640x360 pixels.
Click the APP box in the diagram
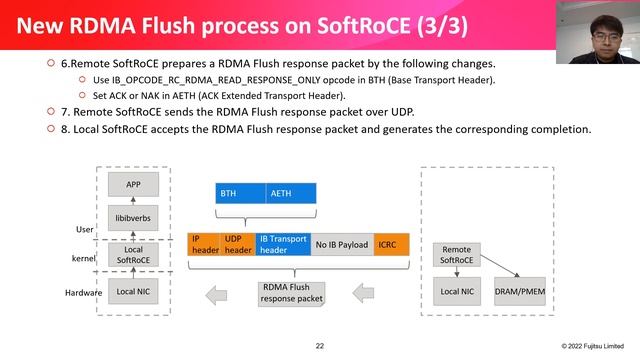click(133, 185)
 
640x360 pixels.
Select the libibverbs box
click(133, 217)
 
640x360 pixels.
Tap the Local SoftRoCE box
click(133, 255)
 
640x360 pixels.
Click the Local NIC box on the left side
click(133, 292)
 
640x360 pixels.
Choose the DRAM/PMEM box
click(520, 292)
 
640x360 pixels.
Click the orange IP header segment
click(204, 244)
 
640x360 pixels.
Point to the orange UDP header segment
click(238, 244)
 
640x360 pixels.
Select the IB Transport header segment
click(283, 244)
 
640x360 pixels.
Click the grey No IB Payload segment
click(342, 244)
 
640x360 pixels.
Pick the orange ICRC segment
click(392, 244)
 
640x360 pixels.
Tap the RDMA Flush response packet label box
click(293, 293)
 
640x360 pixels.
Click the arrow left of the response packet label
click(225, 293)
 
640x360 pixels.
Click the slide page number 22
click(320, 346)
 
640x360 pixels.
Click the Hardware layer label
click(85, 292)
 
